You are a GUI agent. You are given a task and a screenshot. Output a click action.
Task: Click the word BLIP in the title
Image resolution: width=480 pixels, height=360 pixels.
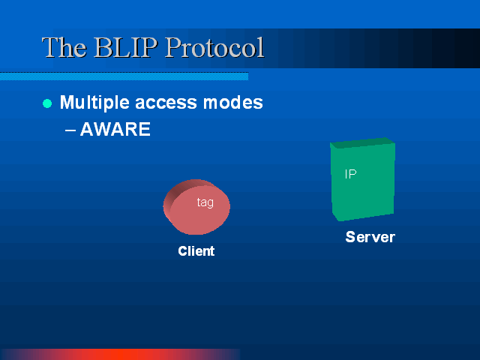pyautogui.click(x=125, y=47)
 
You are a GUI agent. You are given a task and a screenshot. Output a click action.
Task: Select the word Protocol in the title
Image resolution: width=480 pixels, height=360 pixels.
pyautogui.click(x=214, y=47)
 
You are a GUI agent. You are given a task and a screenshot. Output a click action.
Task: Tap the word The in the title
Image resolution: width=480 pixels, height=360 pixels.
pyautogui.click(x=64, y=47)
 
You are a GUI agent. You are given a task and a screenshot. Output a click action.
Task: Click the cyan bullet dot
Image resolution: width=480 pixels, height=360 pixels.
pyautogui.click(x=47, y=103)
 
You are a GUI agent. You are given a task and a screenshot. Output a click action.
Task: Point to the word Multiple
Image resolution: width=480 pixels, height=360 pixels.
pyautogui.click(x=94, y=103)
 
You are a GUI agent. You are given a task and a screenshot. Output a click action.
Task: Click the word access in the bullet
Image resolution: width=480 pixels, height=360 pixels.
pyautogui.click(x=166, y=103)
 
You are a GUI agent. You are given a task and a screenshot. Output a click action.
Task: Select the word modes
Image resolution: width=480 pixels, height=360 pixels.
pyautogui.click(x=233, y=102)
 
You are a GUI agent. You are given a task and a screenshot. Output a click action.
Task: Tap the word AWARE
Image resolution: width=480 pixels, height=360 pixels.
pyautogui.click(x=115, y=129)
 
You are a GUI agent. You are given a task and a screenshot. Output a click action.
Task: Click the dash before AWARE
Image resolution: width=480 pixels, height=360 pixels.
pyautogui.click(x=70, y=130)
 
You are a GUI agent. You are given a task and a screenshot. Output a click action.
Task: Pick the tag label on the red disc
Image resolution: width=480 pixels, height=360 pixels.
pyautogui.click(x=205, y=202)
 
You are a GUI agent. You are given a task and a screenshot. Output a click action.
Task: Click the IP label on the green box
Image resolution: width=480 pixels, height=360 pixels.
pyautogui.click(x=350, y=174)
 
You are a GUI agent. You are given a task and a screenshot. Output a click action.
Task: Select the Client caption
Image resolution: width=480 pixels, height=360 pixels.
pyautogui.click(x=196, y=251)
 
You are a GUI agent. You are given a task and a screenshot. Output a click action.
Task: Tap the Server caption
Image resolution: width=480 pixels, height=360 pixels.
pyautogui.click(x=370, y=237)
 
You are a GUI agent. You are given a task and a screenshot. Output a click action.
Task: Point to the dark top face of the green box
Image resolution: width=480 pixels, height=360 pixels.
pyautogui.click(x=363, y=143)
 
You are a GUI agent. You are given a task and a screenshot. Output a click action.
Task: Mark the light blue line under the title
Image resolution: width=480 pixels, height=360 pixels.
pyautogui.click(x=124, y=76)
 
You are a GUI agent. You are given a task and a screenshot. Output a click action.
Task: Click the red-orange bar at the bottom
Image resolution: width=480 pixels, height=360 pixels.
pyautogui.click(x=121, y=354)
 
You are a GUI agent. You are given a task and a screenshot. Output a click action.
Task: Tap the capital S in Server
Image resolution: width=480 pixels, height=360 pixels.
pyautogui.click(x=350, y=237)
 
